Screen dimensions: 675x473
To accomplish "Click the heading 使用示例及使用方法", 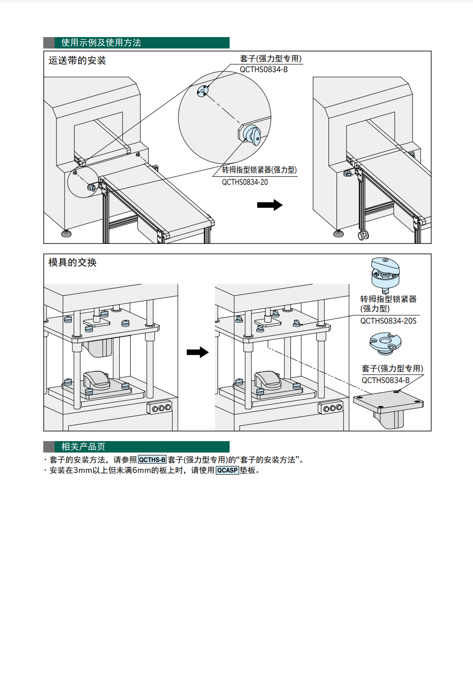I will [x=101, y=43].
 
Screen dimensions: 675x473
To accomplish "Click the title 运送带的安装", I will [x=77, y=61].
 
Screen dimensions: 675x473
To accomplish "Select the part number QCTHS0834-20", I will [x=245, y=182].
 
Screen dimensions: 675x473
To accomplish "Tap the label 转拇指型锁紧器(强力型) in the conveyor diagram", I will [x=259, y=170].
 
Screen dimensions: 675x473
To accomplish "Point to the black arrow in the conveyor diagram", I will [x=270, y=205].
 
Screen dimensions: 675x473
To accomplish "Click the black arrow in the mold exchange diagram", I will [x=198, y=352].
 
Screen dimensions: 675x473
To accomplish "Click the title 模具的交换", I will [x=72, y=262].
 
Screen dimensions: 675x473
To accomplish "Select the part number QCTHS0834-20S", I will [x=388, y=321].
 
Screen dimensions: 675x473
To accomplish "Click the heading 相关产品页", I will [x=83, y=447].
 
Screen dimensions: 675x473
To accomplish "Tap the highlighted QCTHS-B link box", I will [x=152, y=460].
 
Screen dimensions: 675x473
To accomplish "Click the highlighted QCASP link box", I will [x=227, y=470].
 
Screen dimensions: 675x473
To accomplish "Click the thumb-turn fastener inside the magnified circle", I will [x=251, y=134].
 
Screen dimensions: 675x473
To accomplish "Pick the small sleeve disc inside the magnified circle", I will [x=203, y=91].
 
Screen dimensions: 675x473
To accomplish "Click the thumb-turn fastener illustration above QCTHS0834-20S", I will [x=385, y=274].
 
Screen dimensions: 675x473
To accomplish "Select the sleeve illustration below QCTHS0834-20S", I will [x=386, y=342].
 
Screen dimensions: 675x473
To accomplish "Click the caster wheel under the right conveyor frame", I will [x=363, y=235].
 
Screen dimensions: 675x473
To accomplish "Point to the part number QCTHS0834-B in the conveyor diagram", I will [x=263, y=69].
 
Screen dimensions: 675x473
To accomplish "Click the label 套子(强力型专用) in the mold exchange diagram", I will [x=392, y=368].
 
